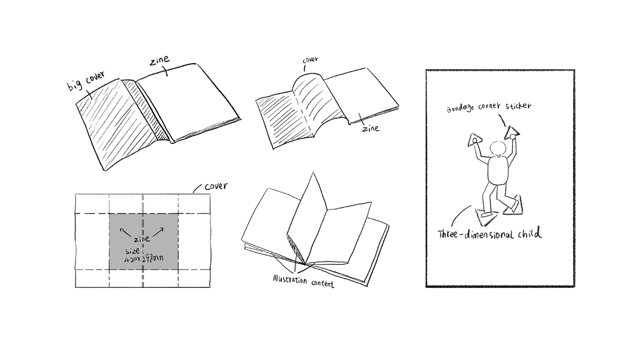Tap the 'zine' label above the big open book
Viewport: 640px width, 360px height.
159,60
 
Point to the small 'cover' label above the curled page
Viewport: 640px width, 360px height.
310,60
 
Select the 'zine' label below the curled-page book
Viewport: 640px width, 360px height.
371,128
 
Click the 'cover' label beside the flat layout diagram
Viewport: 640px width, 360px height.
216,186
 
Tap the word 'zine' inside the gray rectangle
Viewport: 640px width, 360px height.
141,238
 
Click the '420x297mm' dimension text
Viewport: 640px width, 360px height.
144,259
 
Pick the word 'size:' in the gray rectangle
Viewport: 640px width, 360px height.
132,251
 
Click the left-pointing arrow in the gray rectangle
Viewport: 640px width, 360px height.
126,232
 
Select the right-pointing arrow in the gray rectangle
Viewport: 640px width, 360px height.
158,232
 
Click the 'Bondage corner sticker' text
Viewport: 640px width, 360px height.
489,107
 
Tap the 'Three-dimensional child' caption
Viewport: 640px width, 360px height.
489,232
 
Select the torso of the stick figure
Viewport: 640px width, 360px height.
498,170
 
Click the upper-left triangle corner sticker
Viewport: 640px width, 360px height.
475,139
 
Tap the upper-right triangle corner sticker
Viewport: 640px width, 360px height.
512,133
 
